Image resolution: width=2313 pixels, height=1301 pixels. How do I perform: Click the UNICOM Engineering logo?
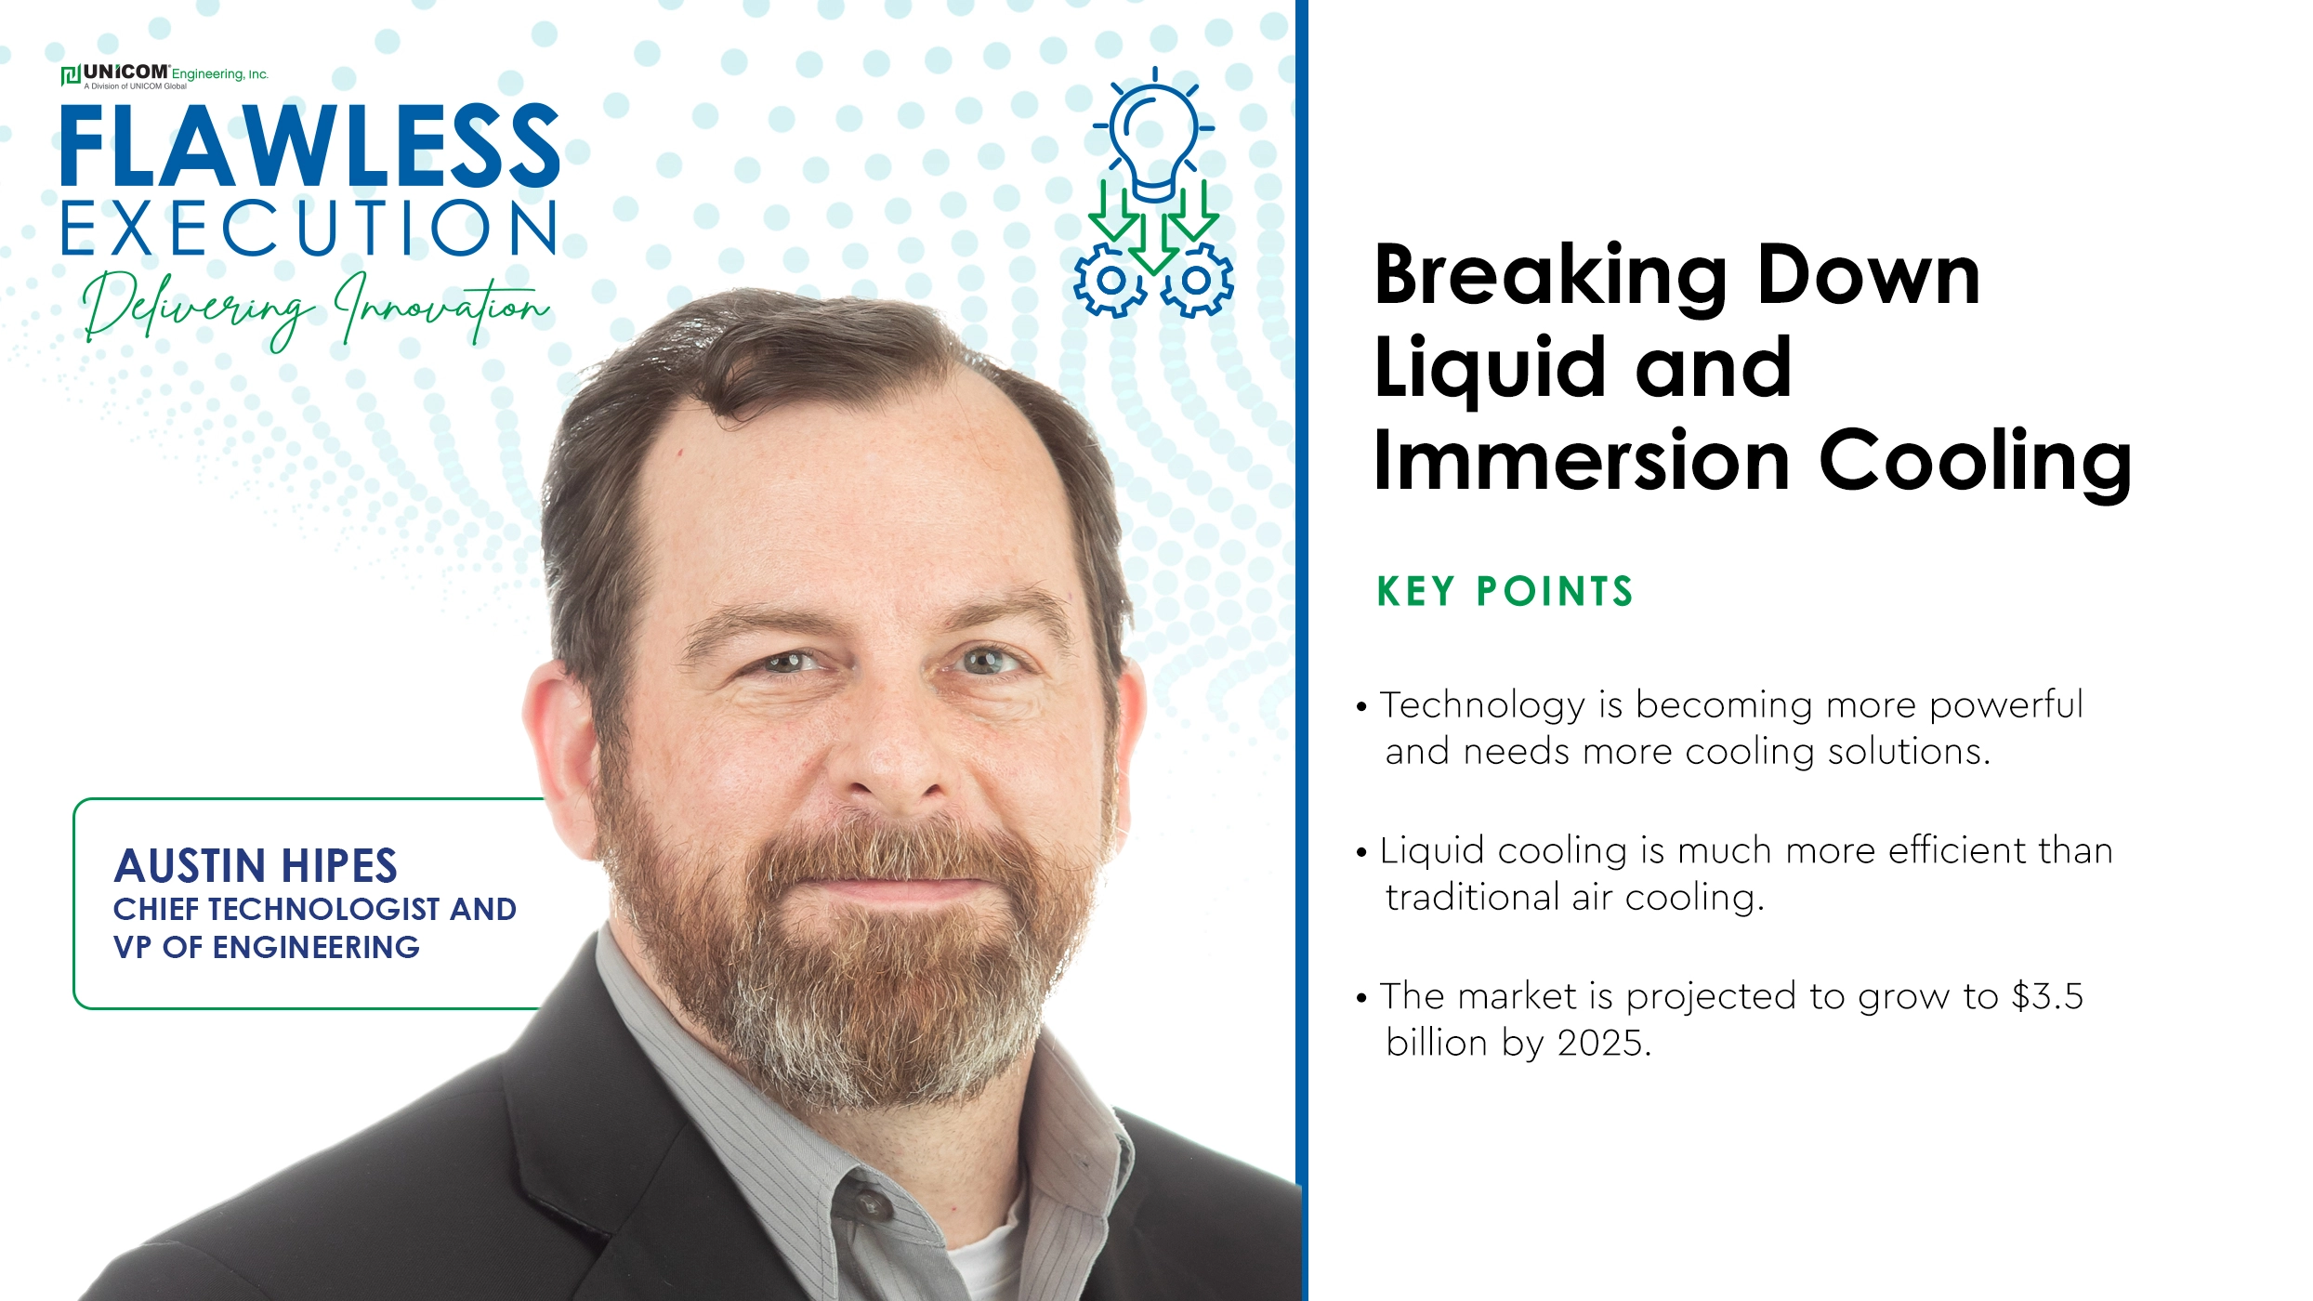pos(164,75)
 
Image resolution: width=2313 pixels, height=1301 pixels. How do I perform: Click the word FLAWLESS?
pos(310,146)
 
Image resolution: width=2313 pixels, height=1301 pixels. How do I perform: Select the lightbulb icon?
pos(1154,134)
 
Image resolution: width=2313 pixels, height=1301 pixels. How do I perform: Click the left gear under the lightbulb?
pos(1111,280)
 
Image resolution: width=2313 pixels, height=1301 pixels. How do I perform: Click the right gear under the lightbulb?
pos(1197,280)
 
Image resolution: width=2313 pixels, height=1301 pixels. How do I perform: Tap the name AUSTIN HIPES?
pos(256,866)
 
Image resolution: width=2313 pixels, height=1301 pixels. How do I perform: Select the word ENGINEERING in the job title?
pos(316,947)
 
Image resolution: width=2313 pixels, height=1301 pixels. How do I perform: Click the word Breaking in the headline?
pos(1550,277)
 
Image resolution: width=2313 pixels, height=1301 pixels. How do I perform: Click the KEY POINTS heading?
pos(1505,592)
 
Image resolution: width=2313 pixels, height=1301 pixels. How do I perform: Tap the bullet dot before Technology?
pos(1361,707)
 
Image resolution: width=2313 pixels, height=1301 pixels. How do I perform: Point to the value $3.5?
pos(2047,996)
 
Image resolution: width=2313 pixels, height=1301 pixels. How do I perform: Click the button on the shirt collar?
pos(871,1204)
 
